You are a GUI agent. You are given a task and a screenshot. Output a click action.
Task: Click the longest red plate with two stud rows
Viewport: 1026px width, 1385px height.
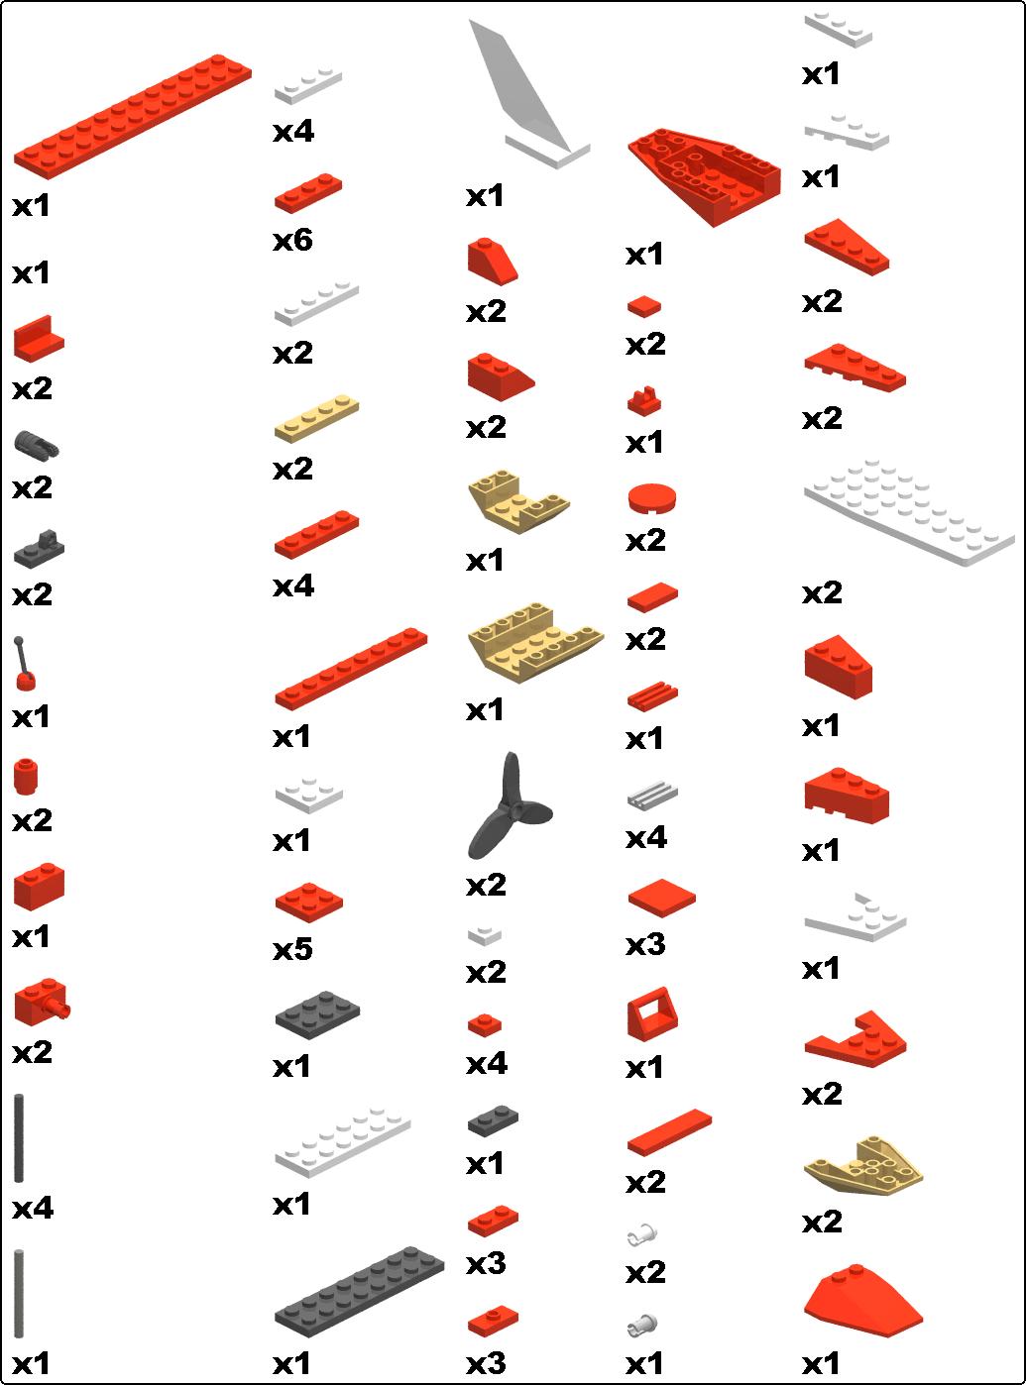point(133,117)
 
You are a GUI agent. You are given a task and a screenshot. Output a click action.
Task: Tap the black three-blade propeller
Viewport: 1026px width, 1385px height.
point(510,806)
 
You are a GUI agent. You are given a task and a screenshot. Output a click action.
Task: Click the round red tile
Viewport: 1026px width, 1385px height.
point(651,498)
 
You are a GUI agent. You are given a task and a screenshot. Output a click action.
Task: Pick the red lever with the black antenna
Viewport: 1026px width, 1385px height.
point(25,664)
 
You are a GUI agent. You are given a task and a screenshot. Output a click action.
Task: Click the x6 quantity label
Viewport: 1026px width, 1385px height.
point(292,240)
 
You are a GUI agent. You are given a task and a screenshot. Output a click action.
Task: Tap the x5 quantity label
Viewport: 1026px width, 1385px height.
point(292,950)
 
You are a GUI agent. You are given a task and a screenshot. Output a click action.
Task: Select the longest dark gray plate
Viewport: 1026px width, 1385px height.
point(359,1293)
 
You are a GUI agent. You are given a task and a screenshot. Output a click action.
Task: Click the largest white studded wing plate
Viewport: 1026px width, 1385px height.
point(909,512)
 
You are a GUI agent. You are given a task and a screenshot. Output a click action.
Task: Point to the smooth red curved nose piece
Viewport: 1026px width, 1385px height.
point(862,1303)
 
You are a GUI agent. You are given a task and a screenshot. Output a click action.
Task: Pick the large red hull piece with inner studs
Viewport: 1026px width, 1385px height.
point(705,176)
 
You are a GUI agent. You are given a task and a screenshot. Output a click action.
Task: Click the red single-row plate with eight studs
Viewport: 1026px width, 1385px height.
point(351,669)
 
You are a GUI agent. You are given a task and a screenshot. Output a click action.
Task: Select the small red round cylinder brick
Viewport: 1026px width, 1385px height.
point(26,777)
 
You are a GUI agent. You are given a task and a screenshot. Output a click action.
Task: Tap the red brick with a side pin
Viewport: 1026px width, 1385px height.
point(42,1003)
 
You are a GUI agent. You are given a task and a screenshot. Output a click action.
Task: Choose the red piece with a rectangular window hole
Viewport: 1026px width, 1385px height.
point(652,1014)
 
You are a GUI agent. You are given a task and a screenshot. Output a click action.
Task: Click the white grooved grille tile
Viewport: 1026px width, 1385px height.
point(652,797)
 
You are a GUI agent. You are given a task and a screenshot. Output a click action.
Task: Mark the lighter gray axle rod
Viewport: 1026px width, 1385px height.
point(19,1294)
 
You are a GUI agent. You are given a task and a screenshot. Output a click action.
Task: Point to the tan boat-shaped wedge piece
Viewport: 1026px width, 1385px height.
point(862,1166)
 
